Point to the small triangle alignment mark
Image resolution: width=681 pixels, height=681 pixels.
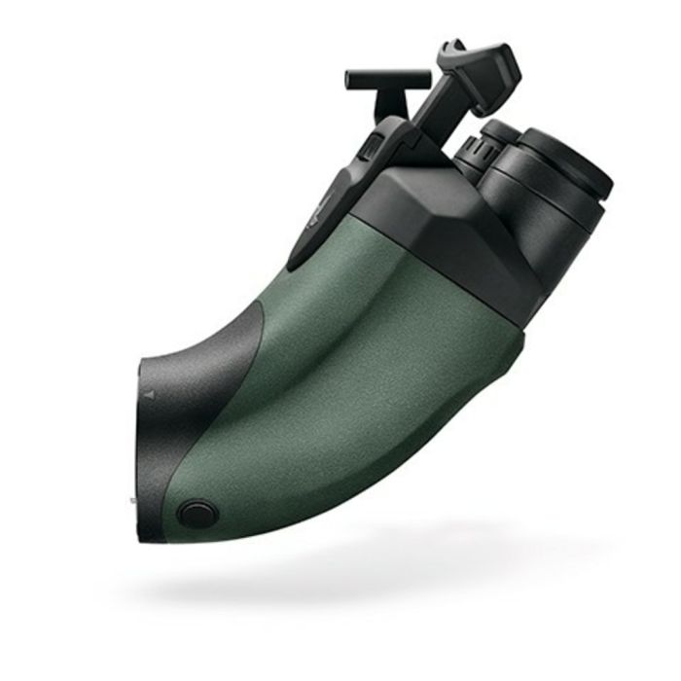(148, 397)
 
